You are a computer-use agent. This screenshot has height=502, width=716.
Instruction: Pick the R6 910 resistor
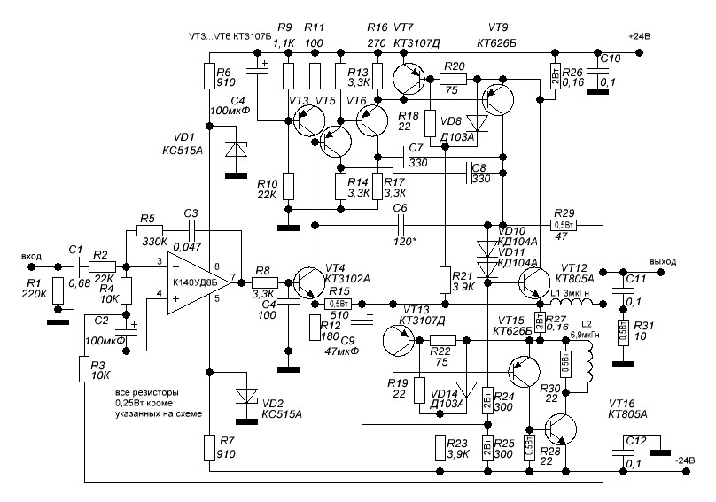click(x=208, y=74)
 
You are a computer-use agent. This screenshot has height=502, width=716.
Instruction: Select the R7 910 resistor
click(x=208, y=446)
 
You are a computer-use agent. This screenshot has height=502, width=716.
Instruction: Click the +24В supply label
click(x=639, y=36)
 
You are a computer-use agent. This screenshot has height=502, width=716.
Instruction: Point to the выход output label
click(x=662, y=262)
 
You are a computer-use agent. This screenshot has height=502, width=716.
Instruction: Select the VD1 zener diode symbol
click(x=235, y=150)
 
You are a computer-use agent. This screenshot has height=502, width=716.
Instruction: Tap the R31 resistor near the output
click(x=623, y=333)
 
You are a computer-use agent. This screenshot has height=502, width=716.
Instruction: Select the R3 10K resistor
click(x=84, y=367)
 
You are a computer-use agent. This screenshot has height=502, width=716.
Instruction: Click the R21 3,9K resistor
click(x=443, y=279)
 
